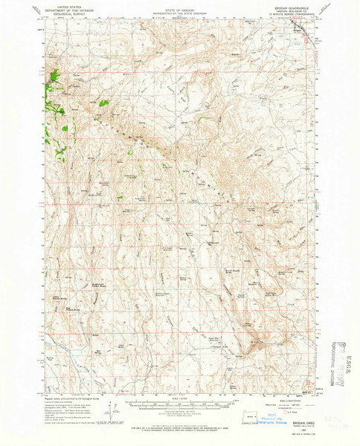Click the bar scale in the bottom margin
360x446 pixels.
pos(181,403)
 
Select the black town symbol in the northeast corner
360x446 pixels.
pos(298,32)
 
